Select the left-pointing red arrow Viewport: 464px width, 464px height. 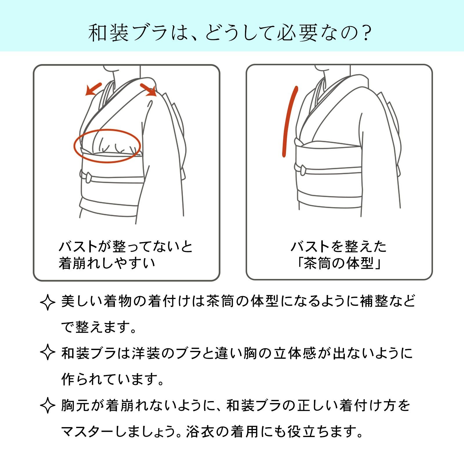[x=93, y=89]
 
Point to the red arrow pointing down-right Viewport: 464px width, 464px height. [x=148, y=90]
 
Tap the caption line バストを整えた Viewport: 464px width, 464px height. [x=339, y=246]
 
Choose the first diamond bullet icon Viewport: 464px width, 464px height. [x=48, y=302]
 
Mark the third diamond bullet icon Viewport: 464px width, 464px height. [x=48, y=405]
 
